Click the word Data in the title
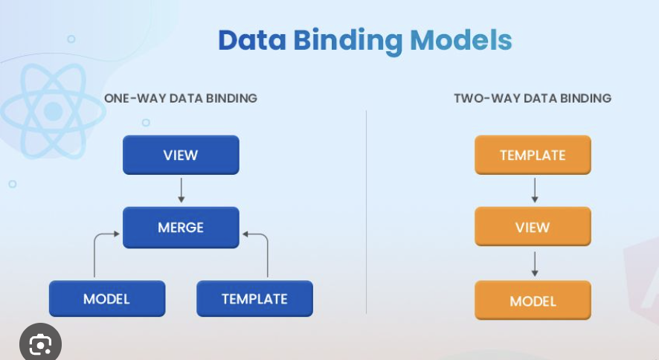click(252, 40)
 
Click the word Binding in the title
click(348, 42)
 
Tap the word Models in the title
click(461, 40)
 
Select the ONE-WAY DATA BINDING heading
click(181, 98)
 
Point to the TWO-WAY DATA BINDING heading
click(533, 98)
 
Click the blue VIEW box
click(181, 155)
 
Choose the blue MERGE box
click(181, 228)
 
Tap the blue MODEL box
click(107, 299)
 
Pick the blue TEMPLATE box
click(254, 299)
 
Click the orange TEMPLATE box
click(533, 155)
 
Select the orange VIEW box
click(533, 227)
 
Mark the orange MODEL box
click(533, 300)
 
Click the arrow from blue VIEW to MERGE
click(181, 190)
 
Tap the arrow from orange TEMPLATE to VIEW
click(535, 190)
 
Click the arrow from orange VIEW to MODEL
click(535, 264)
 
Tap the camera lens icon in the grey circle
click(40, 344)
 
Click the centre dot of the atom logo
click(54, 112)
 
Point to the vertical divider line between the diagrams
click(366, 212)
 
